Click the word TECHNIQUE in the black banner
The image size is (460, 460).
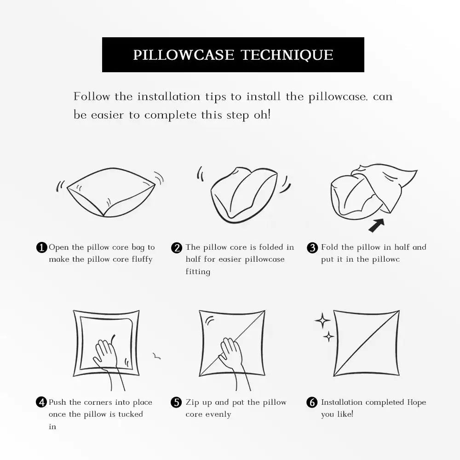(x=287, y=55)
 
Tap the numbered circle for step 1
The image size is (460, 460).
(x=41, y=247)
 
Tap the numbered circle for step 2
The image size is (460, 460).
(x=177, y=248)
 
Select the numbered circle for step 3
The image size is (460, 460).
(x=312, y=248)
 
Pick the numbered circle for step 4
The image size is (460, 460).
(x=41, y=402)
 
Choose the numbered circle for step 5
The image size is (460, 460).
(x=177, y=402)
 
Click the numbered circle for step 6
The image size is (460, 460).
(x=312, y=402)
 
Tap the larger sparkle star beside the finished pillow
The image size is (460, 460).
(x=322, y=320)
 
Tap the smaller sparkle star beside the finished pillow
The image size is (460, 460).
(x=328, y=337)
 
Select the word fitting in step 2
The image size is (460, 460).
(x=198, y=272)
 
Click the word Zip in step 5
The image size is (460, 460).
(x=192, y=402)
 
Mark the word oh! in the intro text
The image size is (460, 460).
(x=262, y=115)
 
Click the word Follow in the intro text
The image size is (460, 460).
(x=92, y=97)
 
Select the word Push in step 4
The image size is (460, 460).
(x=58, y=402)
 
